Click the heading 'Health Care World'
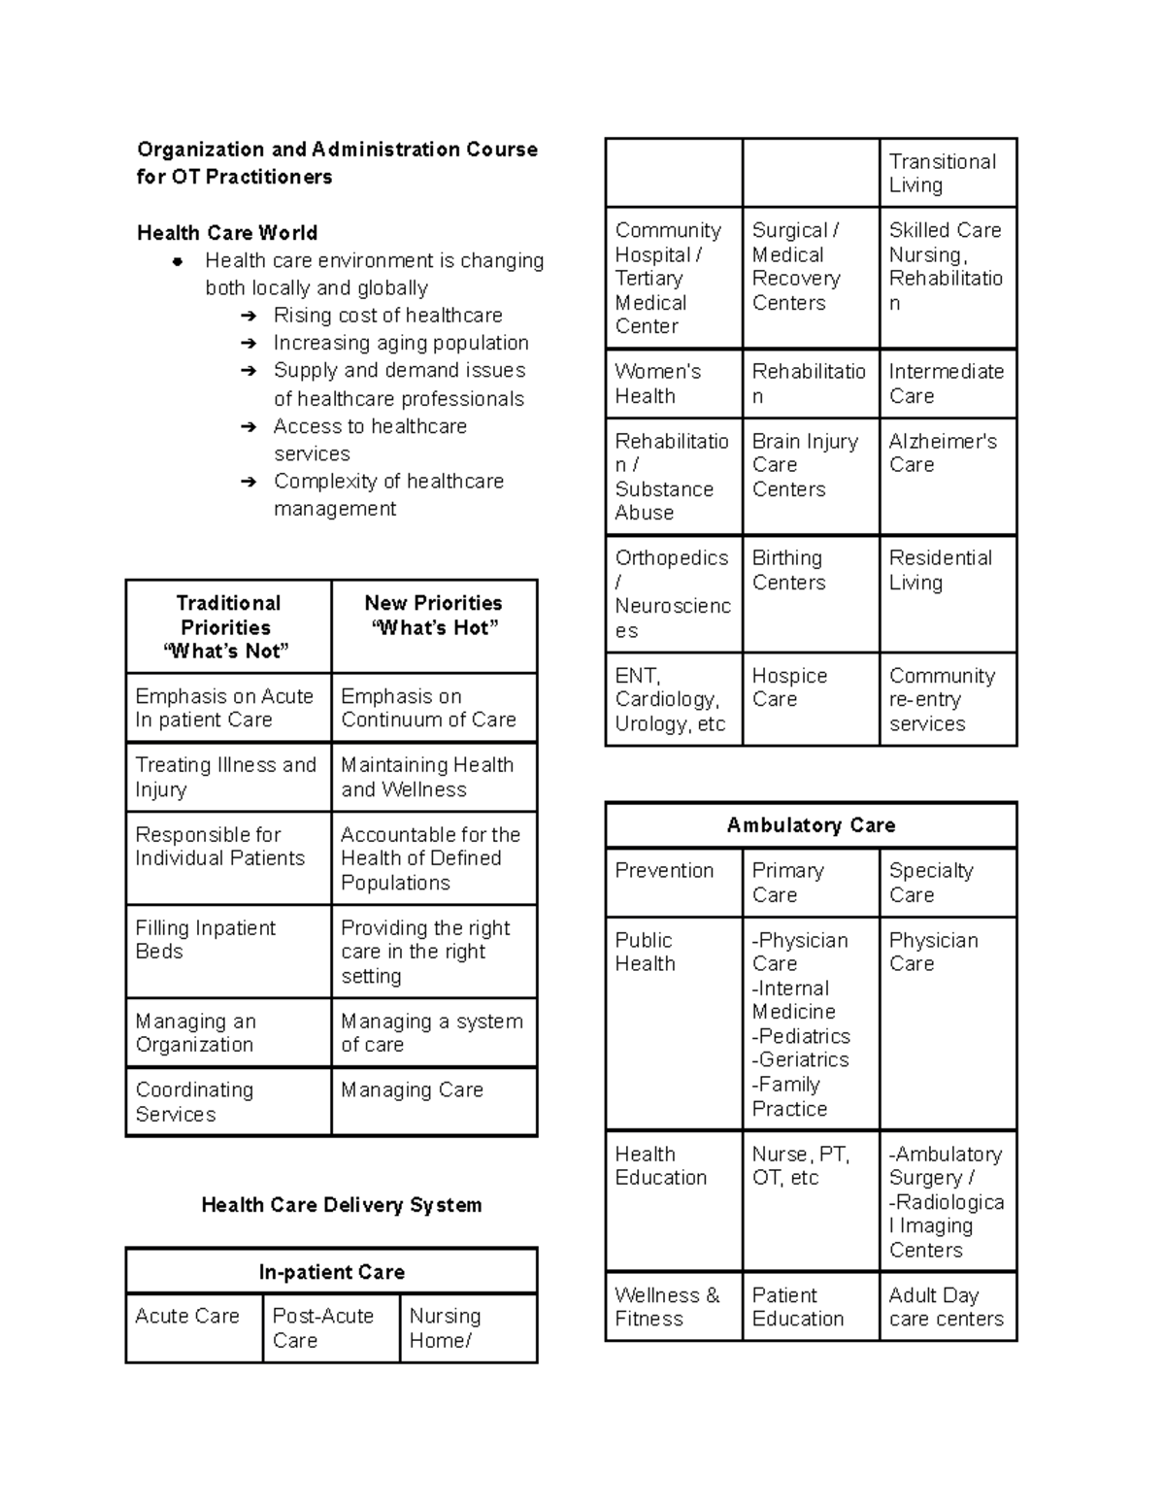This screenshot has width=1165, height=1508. point(227,233)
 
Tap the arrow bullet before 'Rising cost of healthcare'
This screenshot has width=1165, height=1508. point(250,316)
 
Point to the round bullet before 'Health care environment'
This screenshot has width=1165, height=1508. point(178,261)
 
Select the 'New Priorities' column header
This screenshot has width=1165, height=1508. point(433,616)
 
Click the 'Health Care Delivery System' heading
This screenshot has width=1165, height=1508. point(341,1205)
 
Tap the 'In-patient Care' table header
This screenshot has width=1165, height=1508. point(331,1272)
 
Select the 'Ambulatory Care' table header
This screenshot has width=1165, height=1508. point(811,825)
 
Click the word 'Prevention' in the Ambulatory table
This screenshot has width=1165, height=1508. point(664,871)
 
